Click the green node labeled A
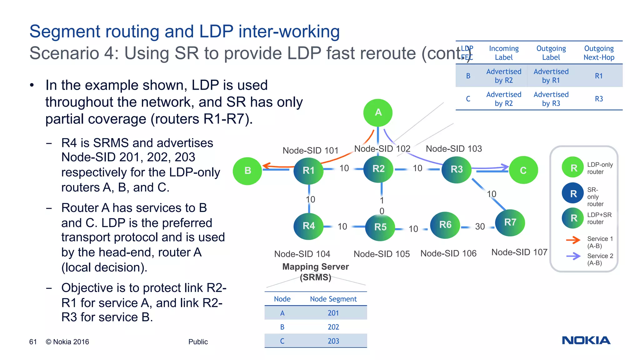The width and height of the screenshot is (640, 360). (378, 112)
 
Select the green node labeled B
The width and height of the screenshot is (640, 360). (247, 171)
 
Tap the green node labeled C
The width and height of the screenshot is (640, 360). (523, 170)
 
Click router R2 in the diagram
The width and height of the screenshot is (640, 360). (378, 169)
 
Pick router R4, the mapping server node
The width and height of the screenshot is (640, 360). (308, 226)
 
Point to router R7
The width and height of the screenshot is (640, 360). (510, 222)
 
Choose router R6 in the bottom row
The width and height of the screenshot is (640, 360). (445, 225)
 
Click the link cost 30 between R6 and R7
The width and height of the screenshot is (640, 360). (480, 227)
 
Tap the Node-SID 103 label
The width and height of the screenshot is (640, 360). (453, 149)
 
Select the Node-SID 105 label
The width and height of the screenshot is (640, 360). (381, 254)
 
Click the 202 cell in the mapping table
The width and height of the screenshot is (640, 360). (333, 327)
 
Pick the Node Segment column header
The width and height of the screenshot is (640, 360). (333, 299)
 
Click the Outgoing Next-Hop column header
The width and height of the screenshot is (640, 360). (599, 53)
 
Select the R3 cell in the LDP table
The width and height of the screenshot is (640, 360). (599, 99)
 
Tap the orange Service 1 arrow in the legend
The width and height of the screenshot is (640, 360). (573, 240)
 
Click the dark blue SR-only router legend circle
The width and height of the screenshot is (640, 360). (573, 193)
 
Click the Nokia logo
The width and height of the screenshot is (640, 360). (586, 340)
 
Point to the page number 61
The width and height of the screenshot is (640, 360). (33, 342)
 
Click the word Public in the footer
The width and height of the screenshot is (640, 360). (198, 342)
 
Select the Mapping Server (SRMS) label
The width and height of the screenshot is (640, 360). (315, 272)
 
